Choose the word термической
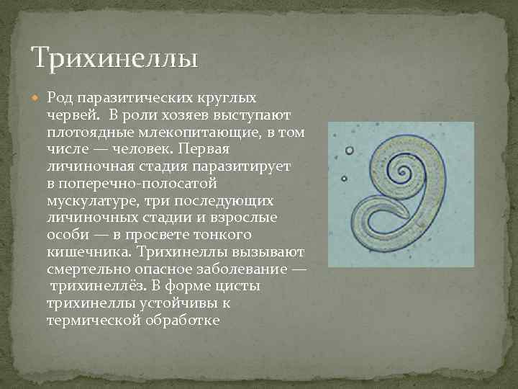point(90,320)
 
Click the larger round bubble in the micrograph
point(350,151)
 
